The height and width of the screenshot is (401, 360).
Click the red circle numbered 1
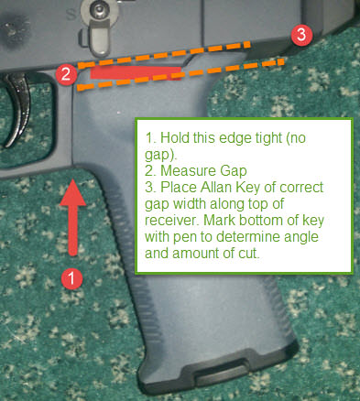tap(71, 278)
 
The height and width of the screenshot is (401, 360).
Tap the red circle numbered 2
tap(66, 74)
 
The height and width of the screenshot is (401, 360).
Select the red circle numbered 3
tap(301, 35)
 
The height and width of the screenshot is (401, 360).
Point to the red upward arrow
tap(72, 217)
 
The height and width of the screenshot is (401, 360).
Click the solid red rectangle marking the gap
tap(136, 73)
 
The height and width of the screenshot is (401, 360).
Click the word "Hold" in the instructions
tap(175, 138)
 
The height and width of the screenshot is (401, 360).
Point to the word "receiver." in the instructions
tap(172, 221)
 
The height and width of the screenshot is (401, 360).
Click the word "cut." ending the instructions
tap(249, 254)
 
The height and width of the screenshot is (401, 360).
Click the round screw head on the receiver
tap(99, 8)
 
